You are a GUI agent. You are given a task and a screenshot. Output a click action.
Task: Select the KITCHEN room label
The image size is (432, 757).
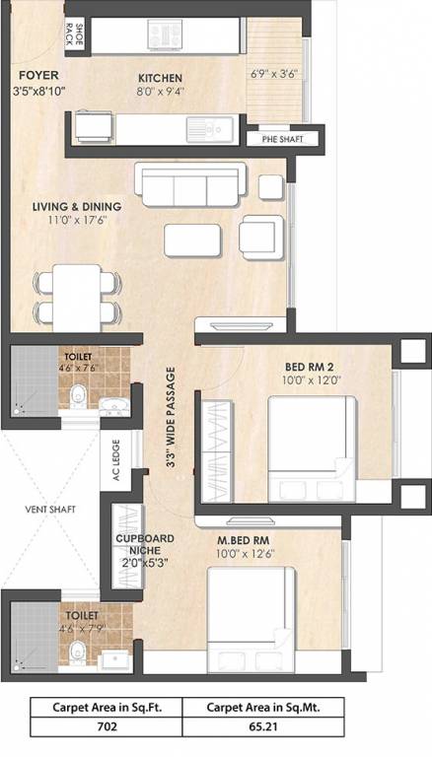[160, 78]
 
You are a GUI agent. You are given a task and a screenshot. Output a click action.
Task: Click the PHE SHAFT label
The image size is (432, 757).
[282, 139]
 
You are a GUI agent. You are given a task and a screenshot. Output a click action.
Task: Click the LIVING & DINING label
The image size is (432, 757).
[76, 206]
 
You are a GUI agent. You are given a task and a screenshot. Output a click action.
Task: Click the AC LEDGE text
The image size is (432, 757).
[116, 456]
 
